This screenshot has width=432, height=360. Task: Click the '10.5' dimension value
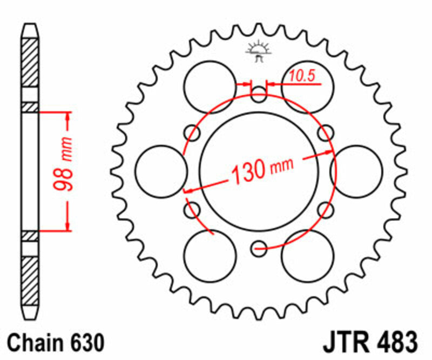click(301, 77)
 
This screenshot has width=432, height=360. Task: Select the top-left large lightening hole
click(210, 86)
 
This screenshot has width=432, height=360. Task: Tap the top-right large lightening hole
click(307, 86)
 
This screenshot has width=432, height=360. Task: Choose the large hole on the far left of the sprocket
click(160, 171)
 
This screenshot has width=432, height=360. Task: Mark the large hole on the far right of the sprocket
click(356, 171)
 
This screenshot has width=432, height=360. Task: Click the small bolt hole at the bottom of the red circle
click(259, 248)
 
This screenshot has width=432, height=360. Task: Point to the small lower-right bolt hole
click(326, 210)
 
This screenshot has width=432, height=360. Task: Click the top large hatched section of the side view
click(30, 62)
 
